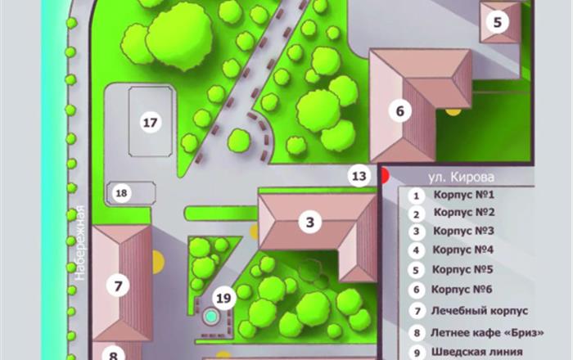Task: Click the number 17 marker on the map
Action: (x=150, y=123)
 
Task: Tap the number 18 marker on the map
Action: (x=121, y=193)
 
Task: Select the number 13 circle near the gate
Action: (x=359, y=176)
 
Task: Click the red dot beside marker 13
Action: (x=385, y=176)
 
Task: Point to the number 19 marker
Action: (x=223, y=299)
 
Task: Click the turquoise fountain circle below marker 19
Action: (x=210, y=315)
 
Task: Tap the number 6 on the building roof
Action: (x=400, y=110)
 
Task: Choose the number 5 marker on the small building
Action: (x=498, y=22)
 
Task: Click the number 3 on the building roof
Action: (x=310, y=222)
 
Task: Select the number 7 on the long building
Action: (x=118, y=286)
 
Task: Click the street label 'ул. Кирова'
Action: (x=461, y=178)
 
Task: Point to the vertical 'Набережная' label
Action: (x=79, y=243)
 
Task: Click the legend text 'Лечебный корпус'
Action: (x=480, y=311)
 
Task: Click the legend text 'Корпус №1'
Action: (x=464, y=195)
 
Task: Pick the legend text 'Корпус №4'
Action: (x=463, y=250)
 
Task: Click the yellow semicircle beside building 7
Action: (x=158, y=262)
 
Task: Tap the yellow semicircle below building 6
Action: (x=453, y=112)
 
